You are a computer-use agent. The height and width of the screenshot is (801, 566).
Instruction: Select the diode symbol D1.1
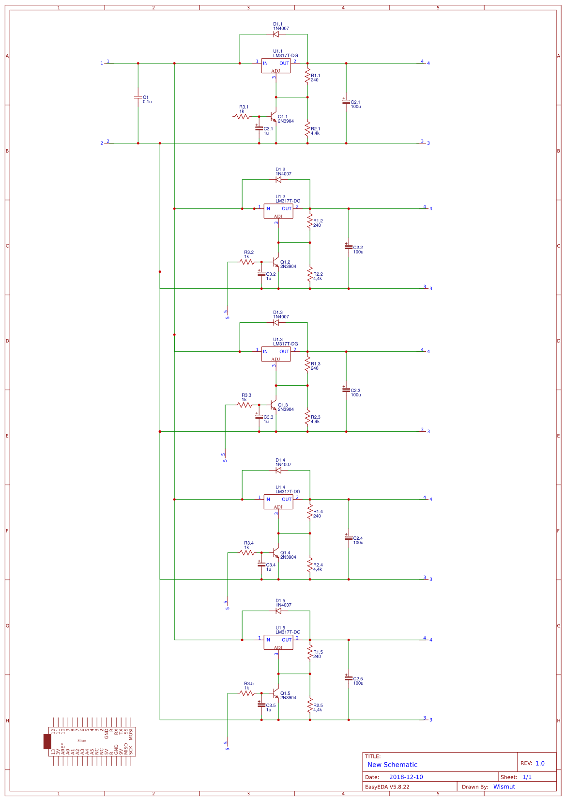pyautogui.click(x=276, y=34)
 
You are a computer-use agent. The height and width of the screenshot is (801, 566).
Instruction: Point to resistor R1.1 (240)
pyautogui.click(x=307, y=77)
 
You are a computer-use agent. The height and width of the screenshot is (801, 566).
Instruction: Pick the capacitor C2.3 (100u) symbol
pyautogui.click(x=346, y=390)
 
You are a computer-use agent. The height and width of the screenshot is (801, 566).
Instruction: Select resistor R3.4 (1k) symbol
pyautogui.click(x=247, y=552)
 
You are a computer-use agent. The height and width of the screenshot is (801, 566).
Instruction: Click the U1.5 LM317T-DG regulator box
pyautogui.click(x=278, y=642)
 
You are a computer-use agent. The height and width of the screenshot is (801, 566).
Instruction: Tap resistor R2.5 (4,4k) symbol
pyautogui.click(x=310, y=707)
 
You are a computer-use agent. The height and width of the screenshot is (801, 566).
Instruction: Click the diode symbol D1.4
pyautogui.click(x=278, y=470)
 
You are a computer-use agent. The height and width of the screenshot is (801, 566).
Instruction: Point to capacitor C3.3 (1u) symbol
pyautogui.click(x=259, y=416)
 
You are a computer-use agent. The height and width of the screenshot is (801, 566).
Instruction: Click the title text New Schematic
pyautogui.click(x=392, y=765)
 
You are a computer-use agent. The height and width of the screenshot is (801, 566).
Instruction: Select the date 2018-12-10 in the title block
pyautogui.click(x=406, y=777)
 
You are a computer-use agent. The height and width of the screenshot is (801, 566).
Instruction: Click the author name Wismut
pyautogui.click(x=504, y=786)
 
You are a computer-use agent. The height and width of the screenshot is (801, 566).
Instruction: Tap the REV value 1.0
pyautogui.click(x=540, y=763)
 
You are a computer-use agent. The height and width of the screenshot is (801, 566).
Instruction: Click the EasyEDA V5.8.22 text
pyautogui.click(x=387, y=786)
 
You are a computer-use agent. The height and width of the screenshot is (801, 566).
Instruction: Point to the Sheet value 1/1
pyautogui.click(x=527, y=777)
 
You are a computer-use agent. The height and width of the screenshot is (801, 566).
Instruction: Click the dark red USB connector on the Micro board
pyautogui.click(x=47, y=741)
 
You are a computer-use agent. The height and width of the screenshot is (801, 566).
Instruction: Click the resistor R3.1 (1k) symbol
pyautogui.click(x=242, y=116)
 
